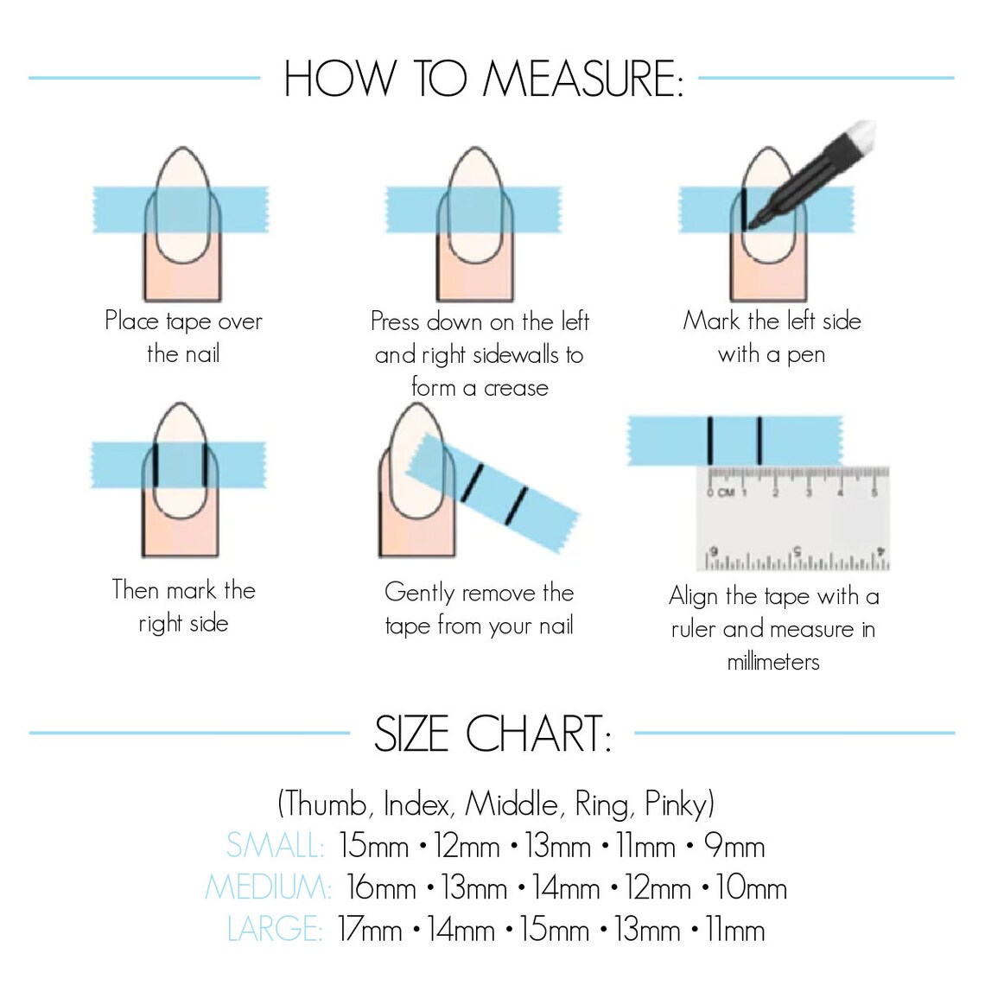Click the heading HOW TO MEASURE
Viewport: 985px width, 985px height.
[x=483, y=79]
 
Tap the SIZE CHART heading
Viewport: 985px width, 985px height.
[x=492, y=734]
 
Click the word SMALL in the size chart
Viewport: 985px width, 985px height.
[x=274, y=845]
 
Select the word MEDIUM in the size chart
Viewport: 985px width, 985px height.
[x=268, y=887]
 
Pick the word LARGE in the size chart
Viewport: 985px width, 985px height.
[x=274, y=930]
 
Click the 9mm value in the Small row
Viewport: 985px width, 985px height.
[x=734, y=845]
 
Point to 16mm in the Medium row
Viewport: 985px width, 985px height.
[x=381, y=887]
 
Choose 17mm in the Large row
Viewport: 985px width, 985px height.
[x=370, y=930]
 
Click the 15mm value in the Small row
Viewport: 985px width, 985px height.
[x=373, y=845]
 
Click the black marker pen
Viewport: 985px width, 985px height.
[x=812, y=177]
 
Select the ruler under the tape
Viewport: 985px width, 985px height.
[x=792, y=518]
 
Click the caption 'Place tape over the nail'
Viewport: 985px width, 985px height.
[x=183, y=337]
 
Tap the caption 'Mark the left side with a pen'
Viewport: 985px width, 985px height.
[x=772, y=337]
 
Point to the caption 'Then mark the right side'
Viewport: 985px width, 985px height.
[x=183, y=607]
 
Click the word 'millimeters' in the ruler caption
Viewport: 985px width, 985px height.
[x=772, y=663]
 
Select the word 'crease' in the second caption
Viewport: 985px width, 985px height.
[x=516, y=388]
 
